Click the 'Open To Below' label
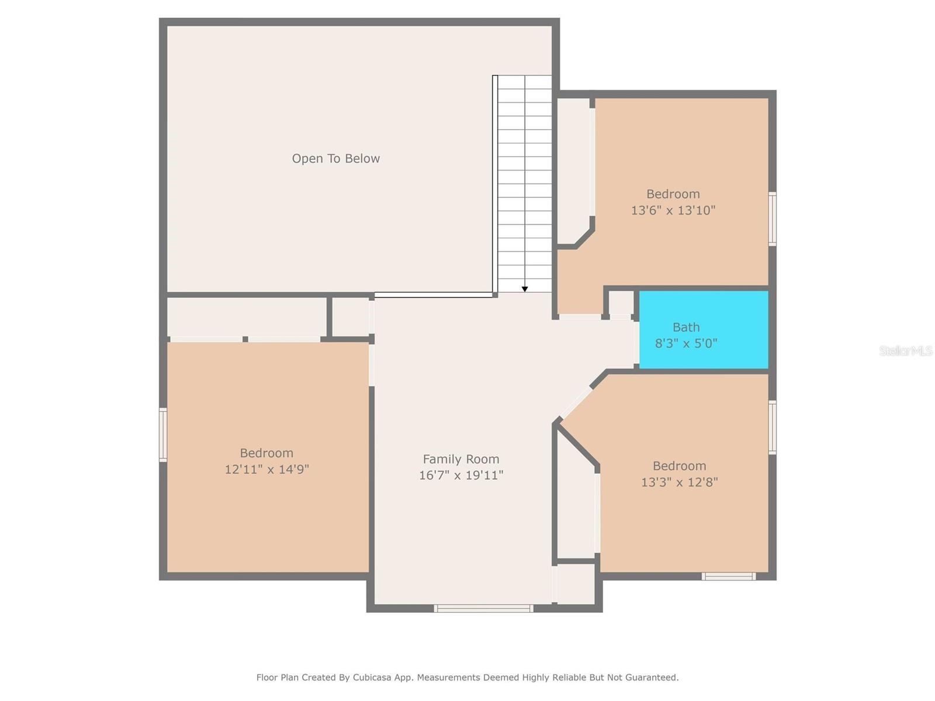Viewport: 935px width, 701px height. pyautogui.click(x=335, y=158)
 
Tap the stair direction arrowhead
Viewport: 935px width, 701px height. pyautogui.click(x=525, y=289)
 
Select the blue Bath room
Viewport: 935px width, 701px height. pyautogui.click(x=704, y=330)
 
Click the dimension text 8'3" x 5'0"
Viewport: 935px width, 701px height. pyautogui.click(x=686, y=343)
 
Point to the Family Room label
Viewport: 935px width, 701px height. pyautogui.click(x=461, y=459)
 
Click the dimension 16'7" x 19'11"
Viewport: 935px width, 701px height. pyautogui.click(x=461, y=475)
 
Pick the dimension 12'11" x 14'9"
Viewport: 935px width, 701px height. pyautogui.click(x=266, y=469)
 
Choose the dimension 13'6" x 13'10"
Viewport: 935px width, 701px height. pyautogui.click(x=673, y=210)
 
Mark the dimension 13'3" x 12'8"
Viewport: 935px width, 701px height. pyautogui.click(x=680, y=482)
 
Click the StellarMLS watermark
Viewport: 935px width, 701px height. pyautogui.click(x=906, y=350)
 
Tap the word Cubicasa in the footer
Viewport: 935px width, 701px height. pyautogui.click(x=372, y=677)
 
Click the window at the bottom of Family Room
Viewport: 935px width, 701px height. pyautogui.click(x=483, y=608)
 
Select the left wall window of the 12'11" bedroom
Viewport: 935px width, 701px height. pyautogui.click(x=163, y=435)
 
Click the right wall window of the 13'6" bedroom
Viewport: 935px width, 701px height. pyautogui.click(x=773, y=218)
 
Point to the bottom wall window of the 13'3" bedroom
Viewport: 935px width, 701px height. pyautogui.click(x=729, y=577)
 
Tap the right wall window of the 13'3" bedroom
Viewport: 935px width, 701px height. pyautogui.click(x=773, y=427)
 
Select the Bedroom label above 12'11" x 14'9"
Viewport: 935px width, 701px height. pyautogui.click(x=266, y=453)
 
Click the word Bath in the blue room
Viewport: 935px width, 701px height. pyautogui.click(x=686, y=327)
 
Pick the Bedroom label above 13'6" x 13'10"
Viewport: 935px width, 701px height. pyautogui.click(x=673, y=194)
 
